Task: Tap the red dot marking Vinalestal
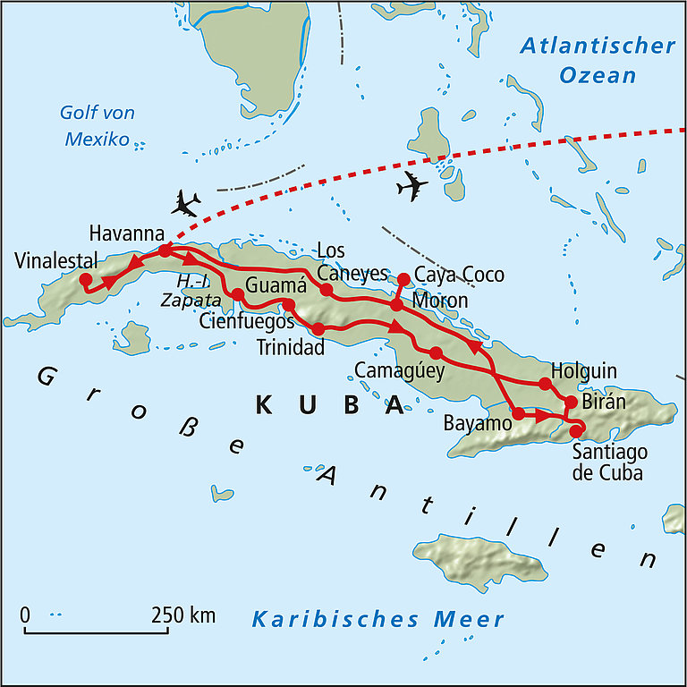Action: tap(86, 280)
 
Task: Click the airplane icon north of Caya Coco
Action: tap(411, 186)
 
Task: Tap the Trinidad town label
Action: tap(290, 348)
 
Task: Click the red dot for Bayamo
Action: tap(519, 413)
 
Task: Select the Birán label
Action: tap(605, 402)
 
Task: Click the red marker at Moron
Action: tap(397, 306)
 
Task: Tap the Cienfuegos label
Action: tap(247, 321)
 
